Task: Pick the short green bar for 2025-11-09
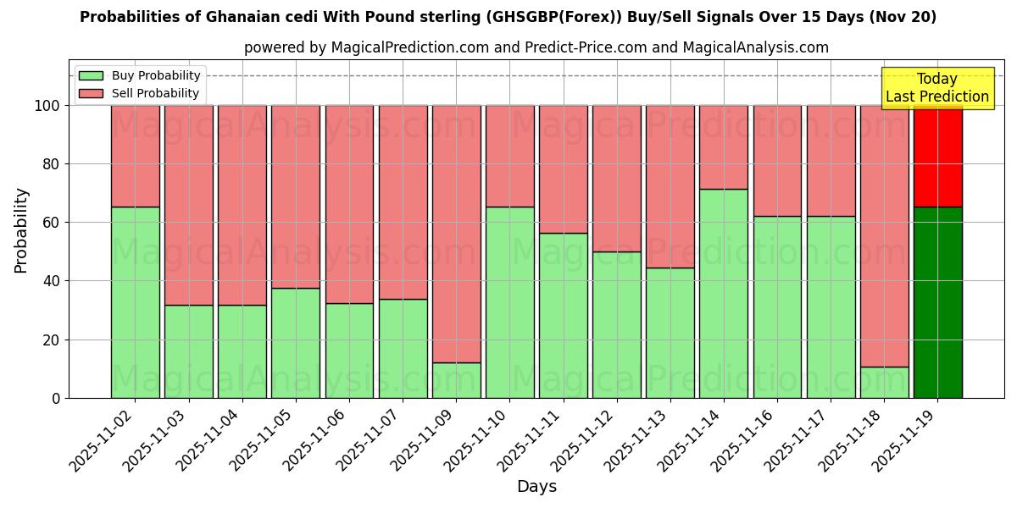[456, 380]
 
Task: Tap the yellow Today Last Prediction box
[936, 88]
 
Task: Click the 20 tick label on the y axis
[53, 340]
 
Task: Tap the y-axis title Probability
[21, 229]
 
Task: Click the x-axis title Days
[536, 487]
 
